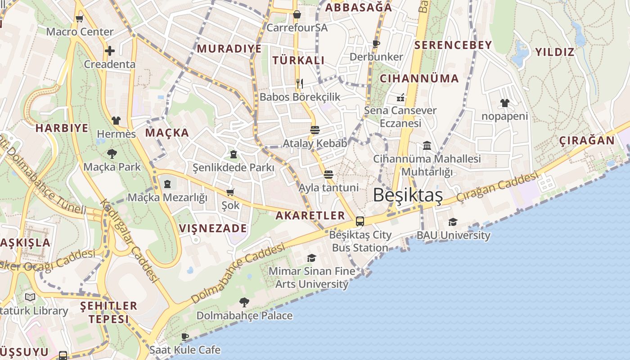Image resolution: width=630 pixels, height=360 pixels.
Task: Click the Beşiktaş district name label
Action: [408, 195]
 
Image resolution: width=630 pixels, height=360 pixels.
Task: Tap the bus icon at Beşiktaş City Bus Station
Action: [360, 221]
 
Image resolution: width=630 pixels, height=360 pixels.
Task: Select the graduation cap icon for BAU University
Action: [453, 222]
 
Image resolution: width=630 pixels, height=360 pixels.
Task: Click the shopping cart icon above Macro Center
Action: [80, 18]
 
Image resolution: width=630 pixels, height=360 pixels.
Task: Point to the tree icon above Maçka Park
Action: [112, 154]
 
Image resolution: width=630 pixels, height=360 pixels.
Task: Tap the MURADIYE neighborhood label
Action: [229, 49]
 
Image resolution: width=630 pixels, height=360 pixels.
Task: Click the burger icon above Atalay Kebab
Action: [315, 130]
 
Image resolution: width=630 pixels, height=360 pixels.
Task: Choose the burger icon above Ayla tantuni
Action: [328, 174]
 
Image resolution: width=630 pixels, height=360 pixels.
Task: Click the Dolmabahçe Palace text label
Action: [244, 315]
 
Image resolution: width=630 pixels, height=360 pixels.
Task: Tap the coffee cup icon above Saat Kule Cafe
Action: [185, 337]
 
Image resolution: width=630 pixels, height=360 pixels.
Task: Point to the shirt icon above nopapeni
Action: [504, 103]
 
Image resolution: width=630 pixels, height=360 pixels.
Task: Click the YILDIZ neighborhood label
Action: [555, 52]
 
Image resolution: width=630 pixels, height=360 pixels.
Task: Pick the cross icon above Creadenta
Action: [109, 51]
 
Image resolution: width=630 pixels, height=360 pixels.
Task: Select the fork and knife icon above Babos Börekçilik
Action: [300, 83]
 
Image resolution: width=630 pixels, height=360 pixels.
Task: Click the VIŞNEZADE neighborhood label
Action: [213, 228]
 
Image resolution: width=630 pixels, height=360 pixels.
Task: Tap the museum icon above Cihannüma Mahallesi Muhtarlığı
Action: [427, 145]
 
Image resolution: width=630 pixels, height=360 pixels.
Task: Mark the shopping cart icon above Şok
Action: [230, 192]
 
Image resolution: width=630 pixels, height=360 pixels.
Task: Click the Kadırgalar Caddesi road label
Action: [130, 241]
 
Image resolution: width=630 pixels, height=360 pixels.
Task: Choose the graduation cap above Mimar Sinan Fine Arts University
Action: [311, 258]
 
